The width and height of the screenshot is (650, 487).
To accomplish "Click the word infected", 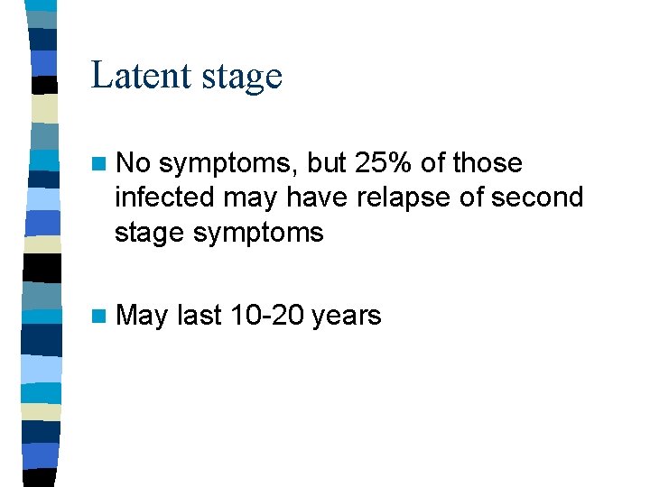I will [x=165, y=198].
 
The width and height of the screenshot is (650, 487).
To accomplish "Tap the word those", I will [x=487, y=163].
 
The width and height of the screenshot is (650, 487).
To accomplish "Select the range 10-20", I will [x=267, y=316].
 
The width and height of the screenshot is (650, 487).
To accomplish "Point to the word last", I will [x=198, y=316].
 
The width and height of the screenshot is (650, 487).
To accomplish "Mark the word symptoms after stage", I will [x=272, y=234].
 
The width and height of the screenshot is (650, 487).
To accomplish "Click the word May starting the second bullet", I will [x=142, y=317].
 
